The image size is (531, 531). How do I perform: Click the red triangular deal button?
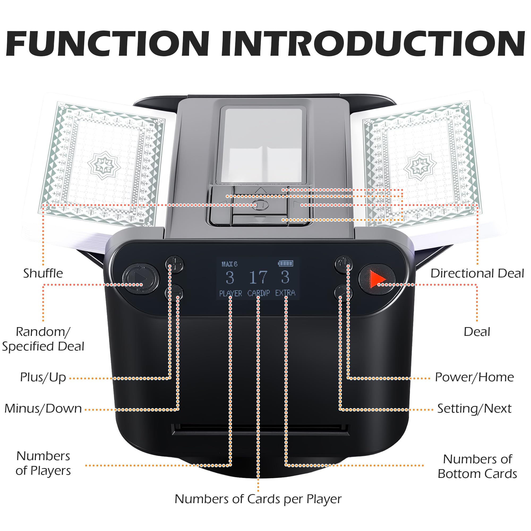coord(377,279)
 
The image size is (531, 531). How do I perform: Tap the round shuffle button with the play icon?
coord(140,279)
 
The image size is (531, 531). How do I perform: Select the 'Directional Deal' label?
coord(477,273)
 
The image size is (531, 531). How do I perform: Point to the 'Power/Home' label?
coord(474,377)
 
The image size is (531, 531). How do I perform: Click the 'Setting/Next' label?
coord(474,408)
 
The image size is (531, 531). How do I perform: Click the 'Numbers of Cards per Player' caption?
coord(258,499)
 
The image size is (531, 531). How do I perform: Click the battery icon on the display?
coord(286,263)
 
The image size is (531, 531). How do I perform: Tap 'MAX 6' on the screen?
coord(229,264)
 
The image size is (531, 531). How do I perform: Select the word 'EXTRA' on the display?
coord(285,293)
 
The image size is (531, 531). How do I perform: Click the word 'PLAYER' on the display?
coord(230,293)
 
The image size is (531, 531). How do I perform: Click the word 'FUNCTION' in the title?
coord(107,44)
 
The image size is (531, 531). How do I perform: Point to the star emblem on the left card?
coord(104,165)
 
